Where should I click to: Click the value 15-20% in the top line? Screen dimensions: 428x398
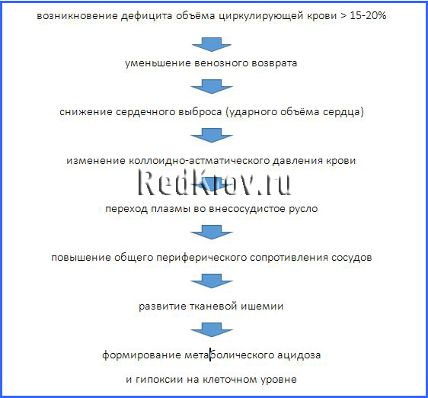click(368, 15)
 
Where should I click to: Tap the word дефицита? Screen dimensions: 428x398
click(146, 16)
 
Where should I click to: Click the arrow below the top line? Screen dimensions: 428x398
click(212, 44)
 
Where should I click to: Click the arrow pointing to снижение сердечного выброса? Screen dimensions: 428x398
click(212, 87)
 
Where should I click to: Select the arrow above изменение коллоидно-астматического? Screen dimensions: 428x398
click(212, 135)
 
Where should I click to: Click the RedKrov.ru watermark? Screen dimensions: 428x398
click(215, 182)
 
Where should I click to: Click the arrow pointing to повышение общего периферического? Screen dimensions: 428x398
click(212, 233)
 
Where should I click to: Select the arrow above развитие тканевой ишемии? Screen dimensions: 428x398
click(212, 281)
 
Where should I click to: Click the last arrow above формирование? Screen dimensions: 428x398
click(212, 329)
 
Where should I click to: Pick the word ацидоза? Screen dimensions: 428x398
click(299, 355)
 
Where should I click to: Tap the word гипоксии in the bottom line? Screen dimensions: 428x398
click(159, 380)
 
